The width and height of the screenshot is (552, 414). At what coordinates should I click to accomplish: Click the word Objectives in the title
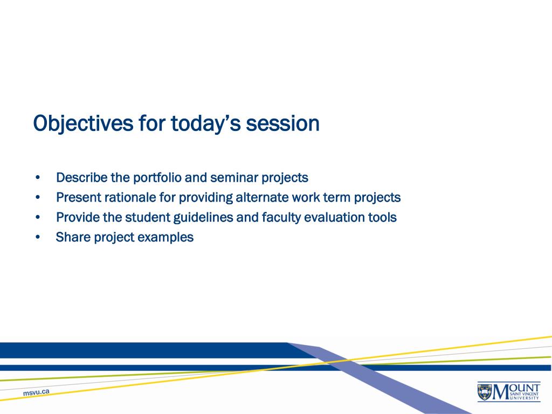pyautogui.click(x=84, y=123)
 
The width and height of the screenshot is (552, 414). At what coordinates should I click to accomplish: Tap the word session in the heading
pyautogui.click(x=282, y=123)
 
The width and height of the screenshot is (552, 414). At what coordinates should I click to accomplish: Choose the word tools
pyautogui.click(x=382, y=218)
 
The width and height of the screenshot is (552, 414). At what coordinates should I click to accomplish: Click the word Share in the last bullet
pyautogui.click(x=73, y=237)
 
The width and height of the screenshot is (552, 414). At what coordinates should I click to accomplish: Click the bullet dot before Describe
pyautogui.click(x=38, y=178)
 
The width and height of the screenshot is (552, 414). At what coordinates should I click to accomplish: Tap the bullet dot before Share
pyautogui.click(x=38, y=237)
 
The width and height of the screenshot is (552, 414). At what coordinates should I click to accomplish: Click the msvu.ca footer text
pyautogui.click(x=36, y=392)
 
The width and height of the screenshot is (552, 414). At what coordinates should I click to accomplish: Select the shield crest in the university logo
pyautogui.click(x=485, y=391)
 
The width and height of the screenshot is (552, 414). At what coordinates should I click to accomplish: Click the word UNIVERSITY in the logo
pyautogui.click(x=525, y=398)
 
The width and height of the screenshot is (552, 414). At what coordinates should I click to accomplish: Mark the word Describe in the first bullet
pyautogui.click(x=82, y=178)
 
